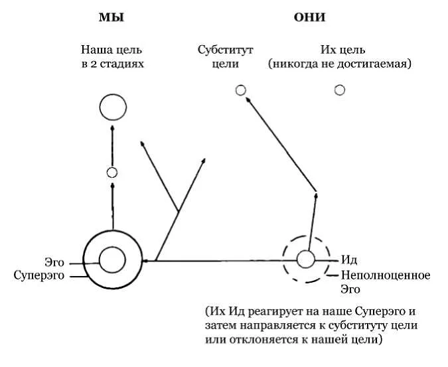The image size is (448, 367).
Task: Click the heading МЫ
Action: click(111, 18)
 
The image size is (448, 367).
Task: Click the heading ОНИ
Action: click(309, 18)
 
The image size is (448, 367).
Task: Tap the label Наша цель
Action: click(112, 50)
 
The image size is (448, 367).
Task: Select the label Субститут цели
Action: click(226, 56)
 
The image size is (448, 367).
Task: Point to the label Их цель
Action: click(342, 50)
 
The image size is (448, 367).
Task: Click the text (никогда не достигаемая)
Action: click(339, 64)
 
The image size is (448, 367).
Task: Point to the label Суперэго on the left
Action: click(39, 276)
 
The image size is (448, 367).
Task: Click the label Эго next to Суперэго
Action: click(54, 262)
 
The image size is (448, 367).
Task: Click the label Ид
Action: click(349, 260)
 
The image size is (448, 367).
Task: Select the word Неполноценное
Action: click(386, 275)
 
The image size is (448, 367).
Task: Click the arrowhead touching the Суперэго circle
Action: click(145, 261)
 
